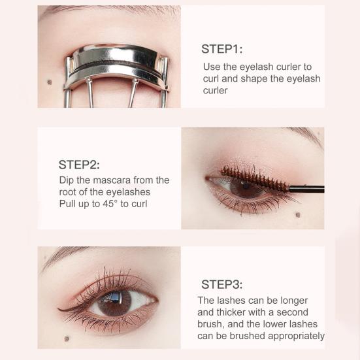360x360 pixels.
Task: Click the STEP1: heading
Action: coord(222,49)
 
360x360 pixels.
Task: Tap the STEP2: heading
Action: coord(79,164)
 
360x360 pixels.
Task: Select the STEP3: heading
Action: coord(221,284)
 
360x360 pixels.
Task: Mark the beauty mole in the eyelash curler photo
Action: coord(50,82)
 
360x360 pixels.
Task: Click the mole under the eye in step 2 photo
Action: coord(297,215)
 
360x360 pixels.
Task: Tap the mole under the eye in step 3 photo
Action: coord(65,338)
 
